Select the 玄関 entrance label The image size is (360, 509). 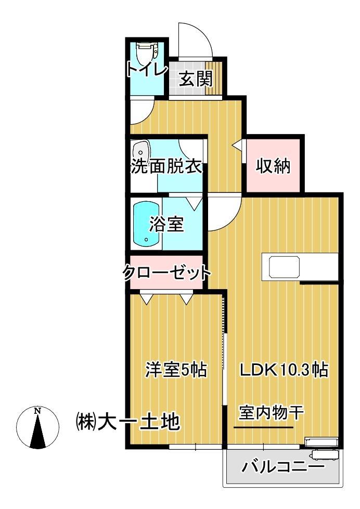point(196,80)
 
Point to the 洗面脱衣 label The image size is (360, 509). point(165,167)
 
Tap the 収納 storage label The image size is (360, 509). point(273,167)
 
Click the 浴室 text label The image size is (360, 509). point(166,226)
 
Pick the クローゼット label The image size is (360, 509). point(167,272)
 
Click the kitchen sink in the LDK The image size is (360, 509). point(285,267)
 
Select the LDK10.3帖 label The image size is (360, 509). point(284,370)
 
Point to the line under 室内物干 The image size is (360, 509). point(263,428)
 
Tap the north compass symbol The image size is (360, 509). point(37,427)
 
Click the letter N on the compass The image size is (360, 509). point(37,411)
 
